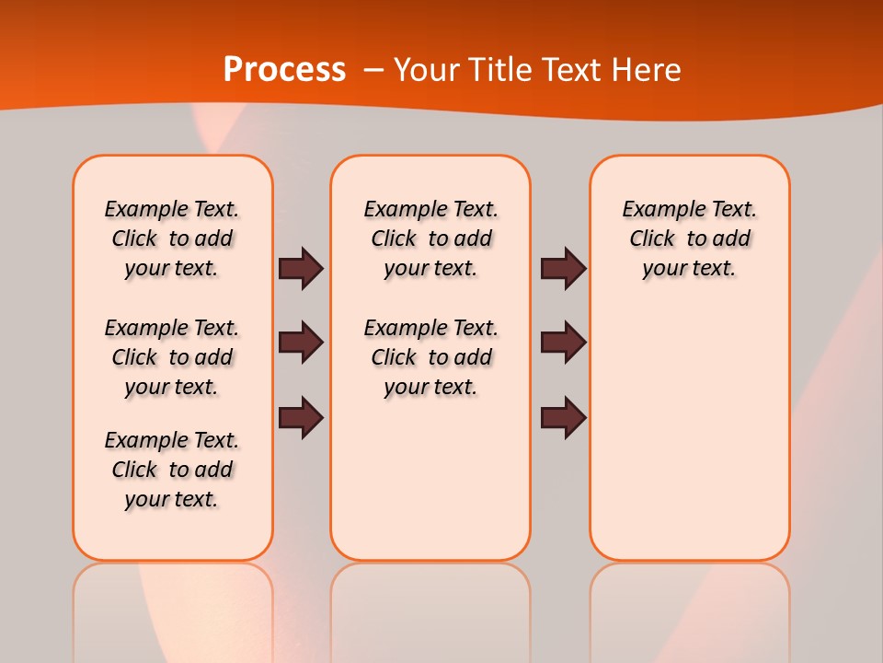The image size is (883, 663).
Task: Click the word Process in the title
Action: (x=284, y=70)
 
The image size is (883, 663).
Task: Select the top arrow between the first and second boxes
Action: (x=301, y=268)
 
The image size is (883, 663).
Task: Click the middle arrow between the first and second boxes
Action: (x=301, y=343)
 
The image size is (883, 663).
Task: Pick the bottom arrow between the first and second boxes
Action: (x=301, y=417)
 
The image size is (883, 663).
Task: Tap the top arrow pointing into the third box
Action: (x=563, y=268)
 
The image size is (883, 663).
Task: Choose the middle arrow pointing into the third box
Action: (x=563, y=343)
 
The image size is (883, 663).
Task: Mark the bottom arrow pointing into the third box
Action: (x=563, y=417)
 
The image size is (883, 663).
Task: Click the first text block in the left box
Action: (x=172, y=238)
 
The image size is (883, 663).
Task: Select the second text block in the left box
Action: (x=172, y=357)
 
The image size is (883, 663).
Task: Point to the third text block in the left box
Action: (x=172, y=470)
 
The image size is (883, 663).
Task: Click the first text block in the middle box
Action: (x=431, y=238)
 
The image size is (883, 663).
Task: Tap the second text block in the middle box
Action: (x=431, y=357)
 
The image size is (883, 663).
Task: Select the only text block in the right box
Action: (x=690, y=238)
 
